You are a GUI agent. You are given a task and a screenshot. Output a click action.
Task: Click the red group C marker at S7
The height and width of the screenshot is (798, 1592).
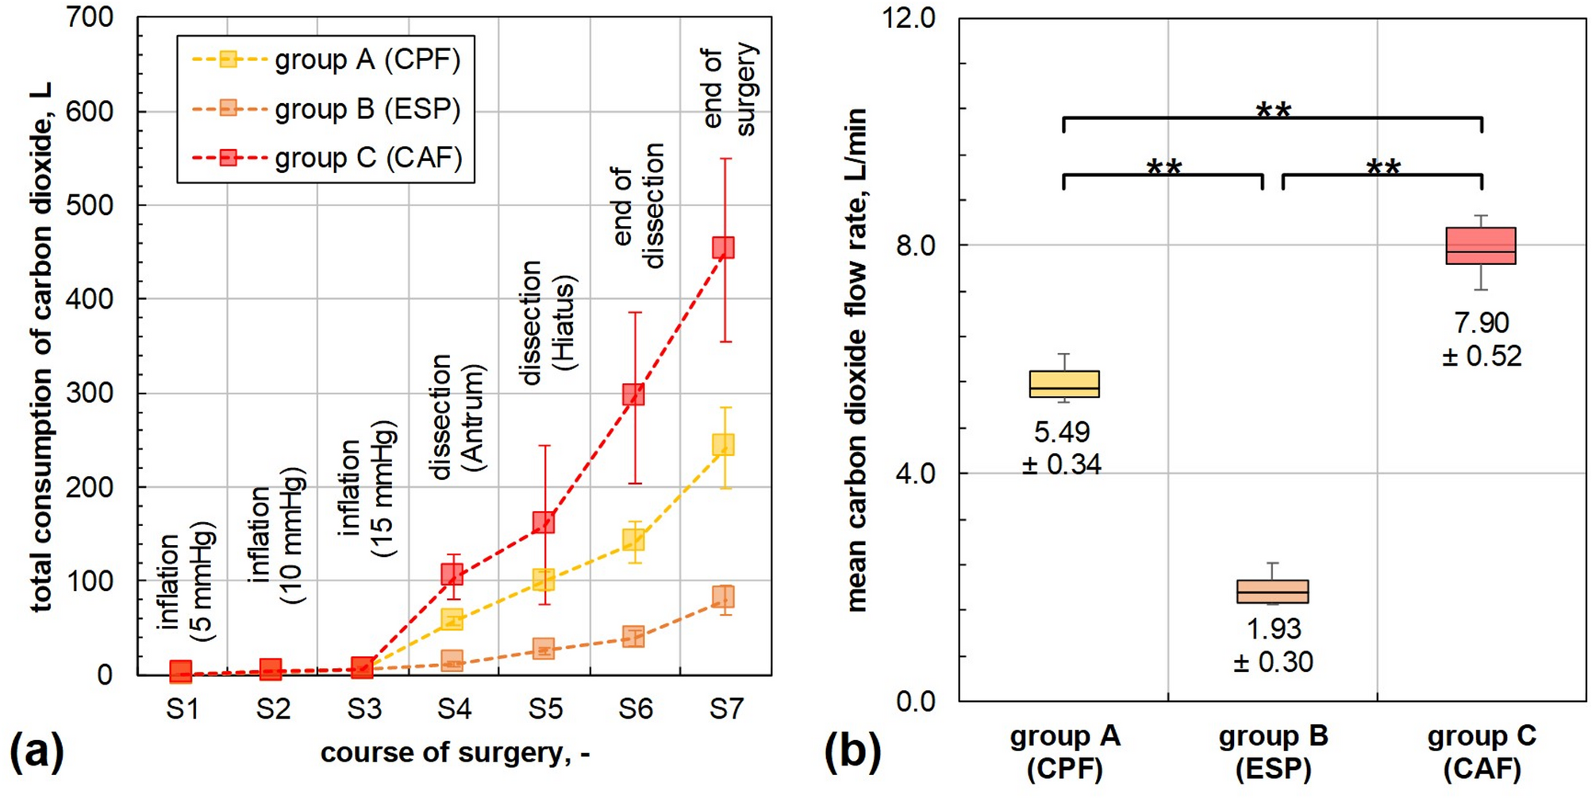(x=723, y=247)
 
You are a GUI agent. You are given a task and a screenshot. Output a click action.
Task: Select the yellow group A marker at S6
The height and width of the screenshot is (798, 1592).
(x=633, y=540)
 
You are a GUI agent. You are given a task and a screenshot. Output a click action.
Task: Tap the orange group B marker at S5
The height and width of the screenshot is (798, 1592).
(x=544, y=649)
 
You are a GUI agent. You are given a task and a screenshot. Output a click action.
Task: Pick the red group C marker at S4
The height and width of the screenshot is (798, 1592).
(x=452, y=574)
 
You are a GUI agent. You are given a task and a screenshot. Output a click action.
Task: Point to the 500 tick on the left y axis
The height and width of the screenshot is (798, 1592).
(x=90, y=205)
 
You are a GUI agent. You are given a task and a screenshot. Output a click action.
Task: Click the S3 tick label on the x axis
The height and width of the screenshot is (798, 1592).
(x=363, y=708)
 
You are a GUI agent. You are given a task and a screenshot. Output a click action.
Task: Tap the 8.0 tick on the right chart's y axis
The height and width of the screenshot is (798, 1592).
(x=915, y=246)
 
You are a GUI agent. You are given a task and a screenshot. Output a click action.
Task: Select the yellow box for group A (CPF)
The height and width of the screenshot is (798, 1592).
(x=1064, y=384)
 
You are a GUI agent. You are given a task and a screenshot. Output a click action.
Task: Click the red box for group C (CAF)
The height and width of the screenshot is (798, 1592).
(x=1481, y=246)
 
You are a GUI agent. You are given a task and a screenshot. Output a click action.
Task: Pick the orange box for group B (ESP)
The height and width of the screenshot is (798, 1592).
(x=1273, y=592)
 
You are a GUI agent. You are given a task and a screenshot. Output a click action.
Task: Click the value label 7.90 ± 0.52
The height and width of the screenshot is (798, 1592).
(x=1482, y=340)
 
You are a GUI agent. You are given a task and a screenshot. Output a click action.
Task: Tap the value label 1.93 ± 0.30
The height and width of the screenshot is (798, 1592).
(x=1273, y=645)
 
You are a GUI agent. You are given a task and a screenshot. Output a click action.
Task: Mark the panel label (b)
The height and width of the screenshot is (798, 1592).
(x=852, y=750)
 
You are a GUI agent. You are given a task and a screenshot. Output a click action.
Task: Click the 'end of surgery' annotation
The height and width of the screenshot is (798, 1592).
(x=730, y=89)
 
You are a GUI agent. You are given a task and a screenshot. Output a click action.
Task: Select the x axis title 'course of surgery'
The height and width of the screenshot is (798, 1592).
(x=455, y=752)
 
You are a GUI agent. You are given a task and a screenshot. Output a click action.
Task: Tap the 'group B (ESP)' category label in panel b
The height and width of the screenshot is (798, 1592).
(x=1273, y=752)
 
